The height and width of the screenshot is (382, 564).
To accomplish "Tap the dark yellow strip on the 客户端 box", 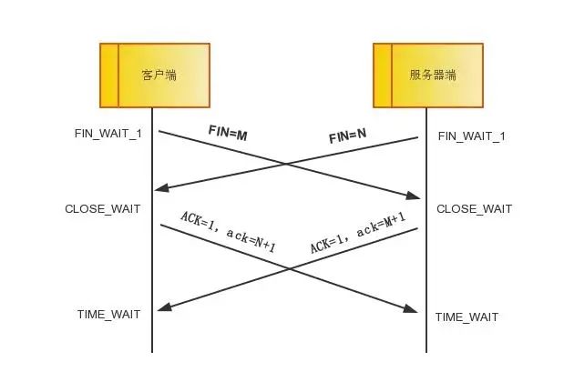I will pyautogui.click(x=108, y=75).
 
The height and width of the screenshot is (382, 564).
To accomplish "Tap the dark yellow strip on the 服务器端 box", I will pyautogui.click(x=383, y=75).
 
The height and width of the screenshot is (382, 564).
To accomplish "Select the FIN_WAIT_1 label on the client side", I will pyautogui.click(x=108, y=134).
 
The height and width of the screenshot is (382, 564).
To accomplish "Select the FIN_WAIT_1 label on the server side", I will pyautogui.click(x=471, y=136).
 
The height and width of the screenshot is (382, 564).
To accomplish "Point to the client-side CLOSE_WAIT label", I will pyautogui.click(x=102, y=209).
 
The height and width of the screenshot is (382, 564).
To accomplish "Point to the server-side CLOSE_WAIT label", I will pyautogui.click(x=474, y=209).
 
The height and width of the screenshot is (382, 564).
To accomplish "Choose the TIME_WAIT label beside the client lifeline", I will pyautogui.click(x=108, y=315).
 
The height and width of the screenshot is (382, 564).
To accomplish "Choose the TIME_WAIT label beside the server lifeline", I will pyautogui.click(x=467, y=317).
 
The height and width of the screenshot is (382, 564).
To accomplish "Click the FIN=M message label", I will pyautogui.click(x=227, y=135).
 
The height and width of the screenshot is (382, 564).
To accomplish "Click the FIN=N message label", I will pyautogui.click(x=347, y=137).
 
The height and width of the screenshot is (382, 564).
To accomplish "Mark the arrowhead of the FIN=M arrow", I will pyautogui.click(x=414, y=196).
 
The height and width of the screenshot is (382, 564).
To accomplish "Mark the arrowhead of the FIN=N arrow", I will pyautogui.click(x=161, y=188).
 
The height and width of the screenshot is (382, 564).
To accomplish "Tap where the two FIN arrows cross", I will pyautogui.click(x=286, y=165).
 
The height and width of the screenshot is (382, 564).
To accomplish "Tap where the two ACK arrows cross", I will pyautogui.click(x=289, y=269).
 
